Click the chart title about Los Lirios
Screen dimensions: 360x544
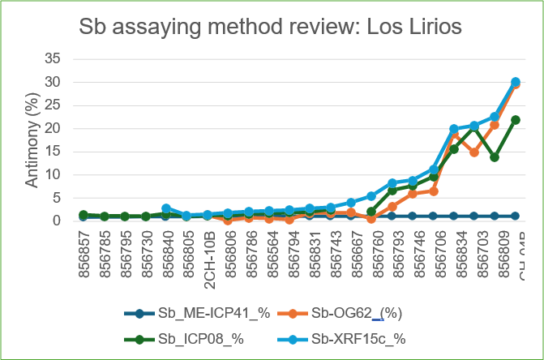[x=271, y=27]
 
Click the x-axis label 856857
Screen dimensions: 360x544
[x=84, y=252]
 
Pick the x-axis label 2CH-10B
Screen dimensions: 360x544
[x=208, y=252]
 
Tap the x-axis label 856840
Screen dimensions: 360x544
[x=166, y=252]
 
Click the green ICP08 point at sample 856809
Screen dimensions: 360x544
[x=495, y=156]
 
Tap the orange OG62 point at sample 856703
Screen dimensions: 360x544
[x=474, y=152]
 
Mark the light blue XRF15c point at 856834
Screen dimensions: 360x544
[x=454, y=129]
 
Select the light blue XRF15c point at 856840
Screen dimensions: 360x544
[x=166, y=208]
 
